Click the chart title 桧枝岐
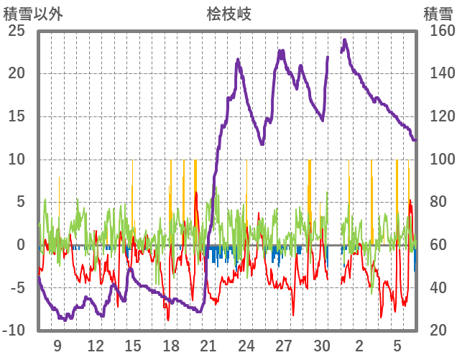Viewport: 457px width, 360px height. [228, 14]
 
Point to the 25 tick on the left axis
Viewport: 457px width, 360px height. [17, 31]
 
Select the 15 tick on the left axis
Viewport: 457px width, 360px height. [17, 116]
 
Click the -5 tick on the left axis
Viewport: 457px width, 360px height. [17, 288]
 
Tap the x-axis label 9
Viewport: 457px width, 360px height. [57, 345]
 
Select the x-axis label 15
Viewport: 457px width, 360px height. [133, 345]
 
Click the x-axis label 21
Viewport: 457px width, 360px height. [208, 345]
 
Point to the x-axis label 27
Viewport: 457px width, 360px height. [284, 345]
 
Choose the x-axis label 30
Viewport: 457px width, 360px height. [322, 345]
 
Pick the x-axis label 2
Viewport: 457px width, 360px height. [359, 345]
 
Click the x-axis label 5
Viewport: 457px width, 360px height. [397, 345]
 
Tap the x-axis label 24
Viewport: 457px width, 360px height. [246, 345]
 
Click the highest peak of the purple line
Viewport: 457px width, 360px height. [345, 40]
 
